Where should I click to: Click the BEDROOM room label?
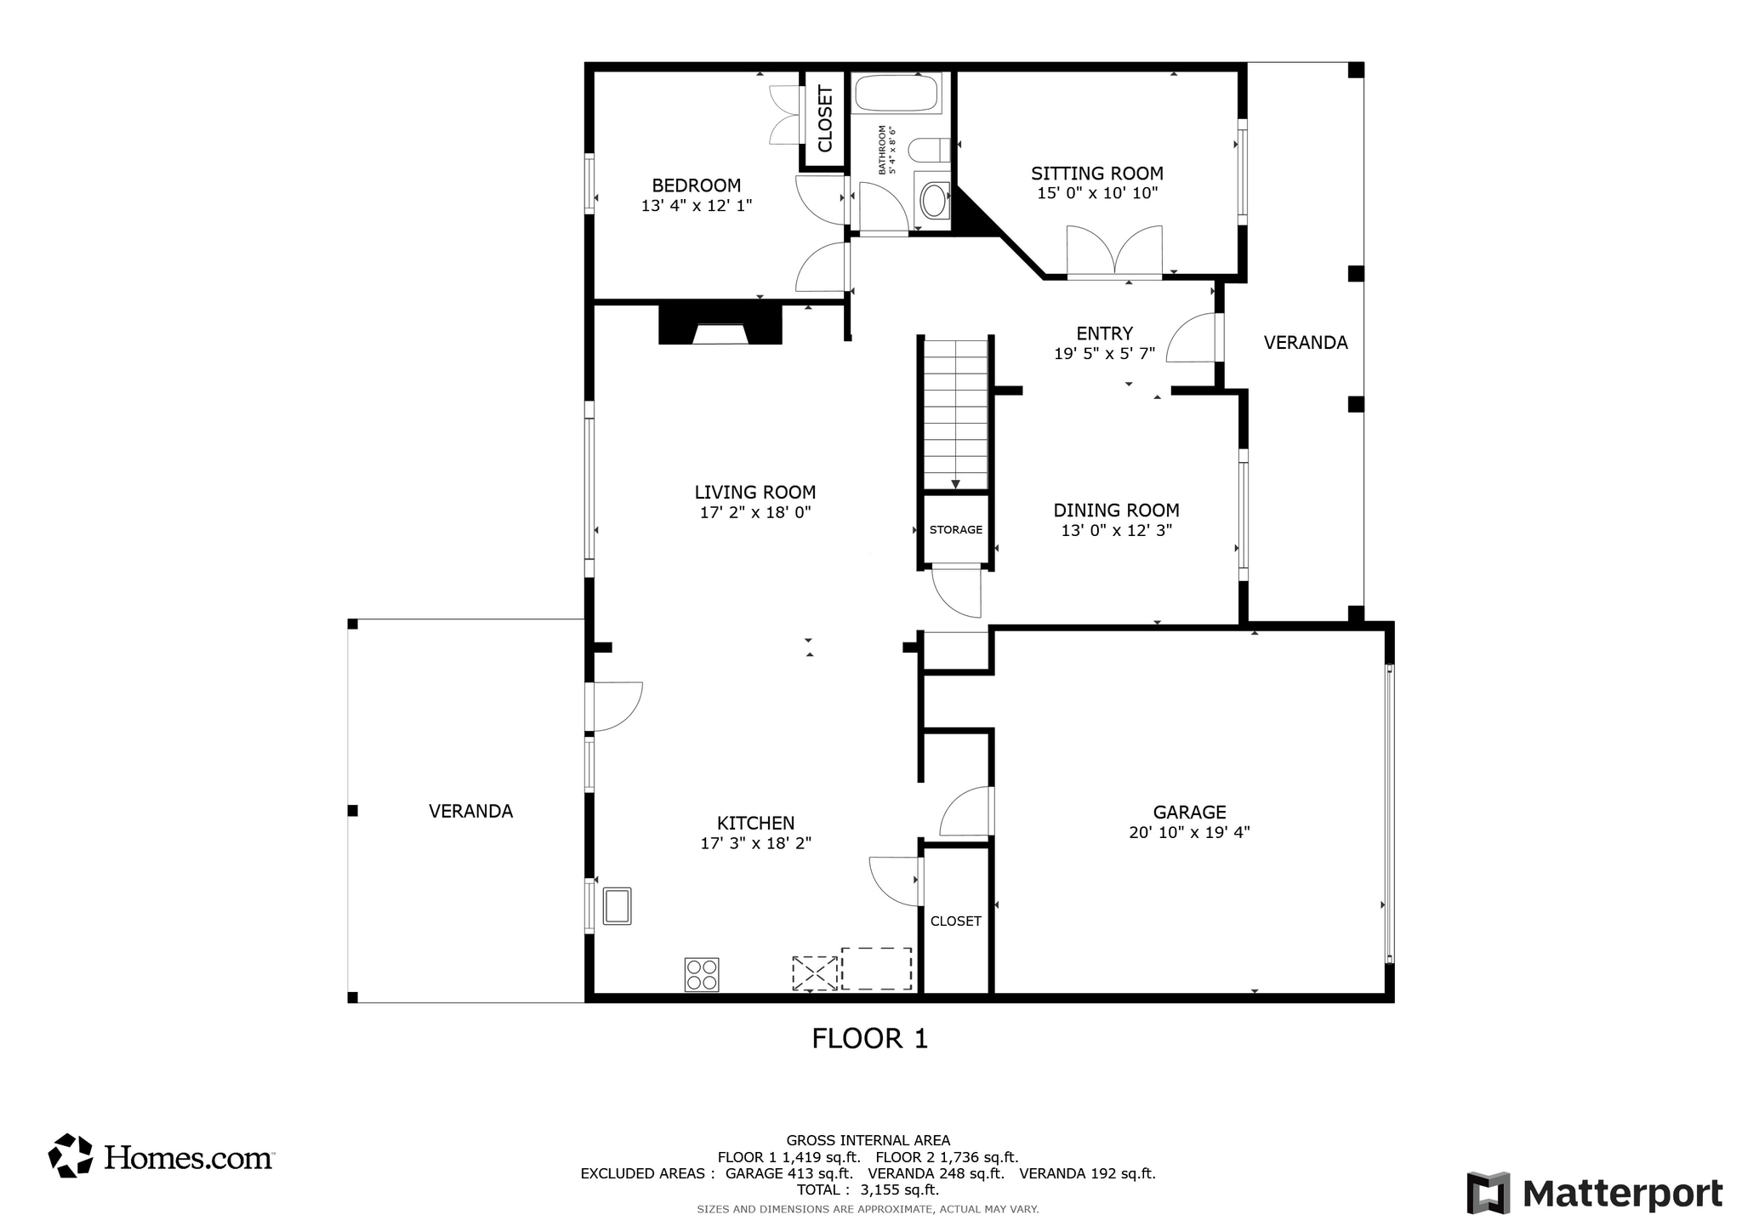click(x=696, y=185)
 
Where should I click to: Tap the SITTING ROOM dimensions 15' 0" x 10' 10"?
click(x=1097, y=194)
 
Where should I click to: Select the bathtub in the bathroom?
click(x=897, y=93)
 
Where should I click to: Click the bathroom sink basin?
click(x=934, y=201)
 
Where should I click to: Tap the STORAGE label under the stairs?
click(x=955, y=530)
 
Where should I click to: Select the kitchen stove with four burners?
click(x=702, y=974)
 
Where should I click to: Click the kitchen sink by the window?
click(x=617, y=905)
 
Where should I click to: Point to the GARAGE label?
click(x=1189, y=813)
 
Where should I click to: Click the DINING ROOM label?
click(x=1116, y=510)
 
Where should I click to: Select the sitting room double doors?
click(x=1114, y=252)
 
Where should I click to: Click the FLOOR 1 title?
click(x=869, y=1039)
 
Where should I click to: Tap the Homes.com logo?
click(x=161, y=1156)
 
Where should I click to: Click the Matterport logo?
click(x=1594, y=1193)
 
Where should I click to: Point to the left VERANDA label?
click(x=470, y=812)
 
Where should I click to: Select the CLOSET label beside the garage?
click(x=955, y=921)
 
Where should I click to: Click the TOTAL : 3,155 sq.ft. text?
click(x=867, y=1190)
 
